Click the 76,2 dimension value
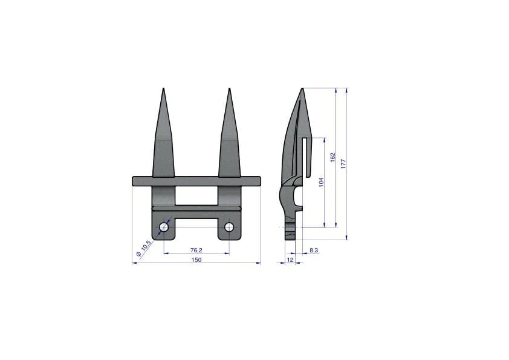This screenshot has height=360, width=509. click(196, 250)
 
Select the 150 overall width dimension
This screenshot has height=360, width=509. click(196, 260)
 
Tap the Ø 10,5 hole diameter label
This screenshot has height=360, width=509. click(143, 249)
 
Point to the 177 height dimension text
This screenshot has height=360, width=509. click(343, 163)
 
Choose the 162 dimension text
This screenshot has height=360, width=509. click(332, 157)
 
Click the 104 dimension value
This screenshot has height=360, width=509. click(322, 182)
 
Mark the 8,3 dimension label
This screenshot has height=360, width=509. click(314, 250)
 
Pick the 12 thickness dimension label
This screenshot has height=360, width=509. click(290, 260)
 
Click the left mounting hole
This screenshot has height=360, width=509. click(164, 227)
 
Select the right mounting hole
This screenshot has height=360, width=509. click(229, 227)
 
